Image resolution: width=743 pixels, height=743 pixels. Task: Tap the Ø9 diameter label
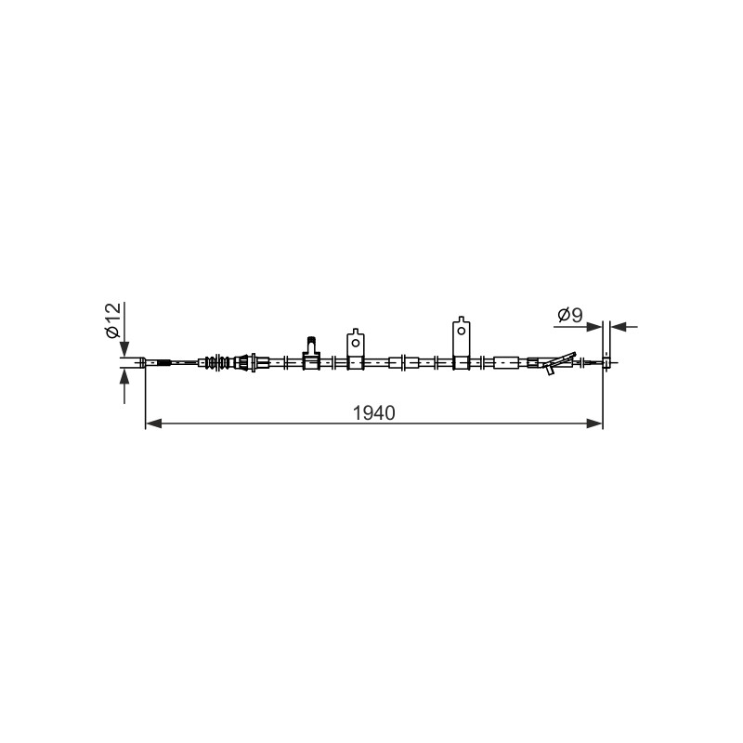(x=570, y=315)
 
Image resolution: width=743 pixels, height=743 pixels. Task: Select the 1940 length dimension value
(x=374, y=413)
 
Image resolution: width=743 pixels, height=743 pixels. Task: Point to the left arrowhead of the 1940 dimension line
(x=153, y=424)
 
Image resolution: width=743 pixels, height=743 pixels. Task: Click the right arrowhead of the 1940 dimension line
(x=594, y=424)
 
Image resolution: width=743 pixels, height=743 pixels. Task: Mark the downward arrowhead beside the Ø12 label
(x=124, y=349)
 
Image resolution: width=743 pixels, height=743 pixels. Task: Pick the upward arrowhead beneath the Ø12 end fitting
(x=124, y=377)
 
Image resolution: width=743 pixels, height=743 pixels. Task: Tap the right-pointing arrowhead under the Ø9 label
(x=594, y=327)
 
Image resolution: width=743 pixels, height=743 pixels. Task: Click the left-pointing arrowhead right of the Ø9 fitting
(x=618, y=327)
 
